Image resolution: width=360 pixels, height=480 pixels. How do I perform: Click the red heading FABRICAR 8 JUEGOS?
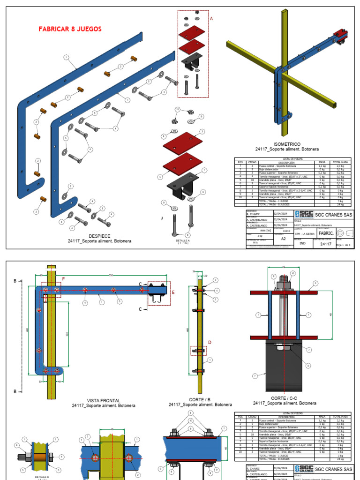[x=70, y=29]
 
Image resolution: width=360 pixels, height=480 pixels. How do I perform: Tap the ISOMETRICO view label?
[x=287, y=144]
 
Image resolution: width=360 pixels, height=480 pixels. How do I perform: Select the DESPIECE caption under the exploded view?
[x=99, y=236]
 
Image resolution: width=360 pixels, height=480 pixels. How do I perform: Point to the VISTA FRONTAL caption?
[x=104, y=400]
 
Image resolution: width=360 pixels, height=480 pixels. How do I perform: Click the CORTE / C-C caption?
[x=285, y=397]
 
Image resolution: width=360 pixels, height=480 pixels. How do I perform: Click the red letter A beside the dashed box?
[x=211, y=19]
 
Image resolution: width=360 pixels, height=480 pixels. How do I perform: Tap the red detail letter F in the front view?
[x=64, y=279]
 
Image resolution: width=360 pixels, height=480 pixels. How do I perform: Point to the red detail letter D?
[x=210, y=343]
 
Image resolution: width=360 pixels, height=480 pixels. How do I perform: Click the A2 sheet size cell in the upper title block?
[x=283, y=238]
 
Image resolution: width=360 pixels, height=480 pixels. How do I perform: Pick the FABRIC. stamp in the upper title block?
[x=326, y=233]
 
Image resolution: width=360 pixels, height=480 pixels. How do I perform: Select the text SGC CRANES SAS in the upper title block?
[x=332, y=214]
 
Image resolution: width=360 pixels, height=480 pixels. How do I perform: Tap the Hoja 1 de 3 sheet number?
[x=343, y=244]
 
